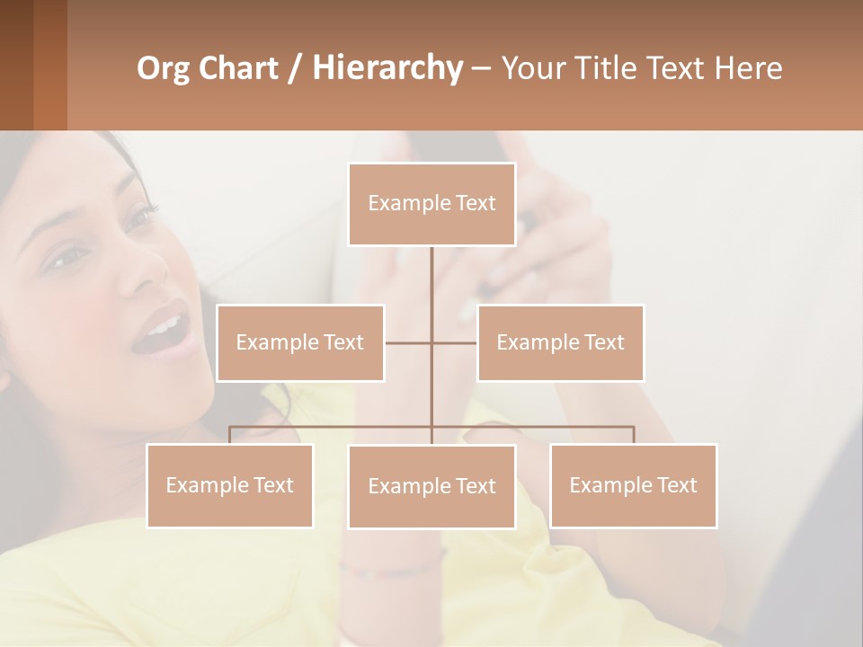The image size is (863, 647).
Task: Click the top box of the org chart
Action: tap(431, 204)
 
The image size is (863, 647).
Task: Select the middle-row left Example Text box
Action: tap(300, 342)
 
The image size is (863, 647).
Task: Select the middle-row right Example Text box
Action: tap(560, 342)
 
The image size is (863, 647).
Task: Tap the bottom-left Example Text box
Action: tap(229, 485)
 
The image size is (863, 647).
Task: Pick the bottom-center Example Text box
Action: tap(431, 486)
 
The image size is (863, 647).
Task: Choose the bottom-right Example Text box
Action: tap(633, 485)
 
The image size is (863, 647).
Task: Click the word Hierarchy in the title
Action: tap(387, 68)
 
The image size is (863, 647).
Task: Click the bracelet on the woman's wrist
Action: tap(396, 568)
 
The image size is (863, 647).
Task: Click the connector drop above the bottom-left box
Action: tap(229, 435)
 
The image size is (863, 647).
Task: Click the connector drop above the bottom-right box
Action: tap(634, 435)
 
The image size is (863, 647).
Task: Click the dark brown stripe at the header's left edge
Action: tap(16, 65)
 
